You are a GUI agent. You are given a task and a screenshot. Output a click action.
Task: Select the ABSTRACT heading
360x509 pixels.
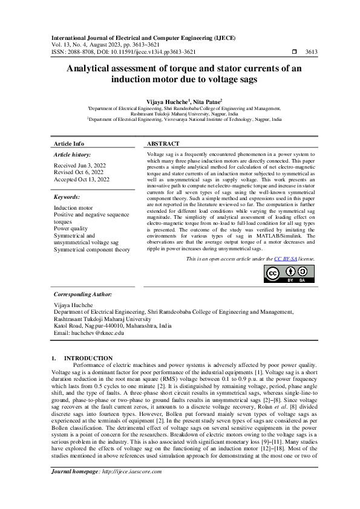tap(163, 144)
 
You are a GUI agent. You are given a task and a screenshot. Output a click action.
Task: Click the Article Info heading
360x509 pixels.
tap(69, 144)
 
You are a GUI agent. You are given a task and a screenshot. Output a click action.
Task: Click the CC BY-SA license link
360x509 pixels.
tap(285, 258)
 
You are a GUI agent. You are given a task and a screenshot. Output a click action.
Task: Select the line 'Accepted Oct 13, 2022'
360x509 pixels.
tap(82, 180)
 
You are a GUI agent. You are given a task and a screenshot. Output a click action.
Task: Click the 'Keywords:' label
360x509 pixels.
tap(67, 197)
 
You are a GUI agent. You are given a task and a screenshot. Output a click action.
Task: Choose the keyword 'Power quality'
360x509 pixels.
tap(71, 229)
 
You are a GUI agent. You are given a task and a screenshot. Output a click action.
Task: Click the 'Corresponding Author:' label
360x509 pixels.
tap(83, 294)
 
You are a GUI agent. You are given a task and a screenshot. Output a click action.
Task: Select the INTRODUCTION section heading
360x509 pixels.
tap(88, 358)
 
